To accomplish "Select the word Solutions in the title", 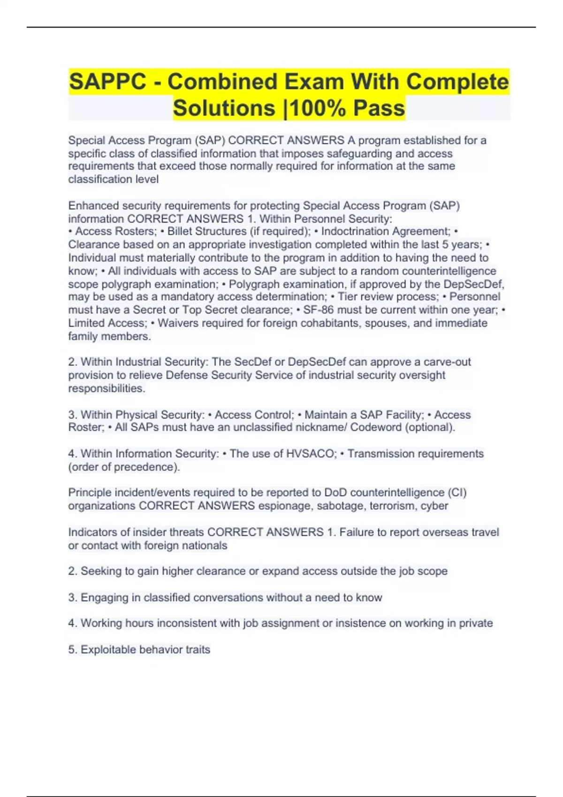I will pos(224,108).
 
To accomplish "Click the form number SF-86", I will pos(318,310).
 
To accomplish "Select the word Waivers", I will pos(178,323).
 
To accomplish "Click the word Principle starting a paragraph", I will pos(88,493).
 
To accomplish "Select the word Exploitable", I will pos(108,650).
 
